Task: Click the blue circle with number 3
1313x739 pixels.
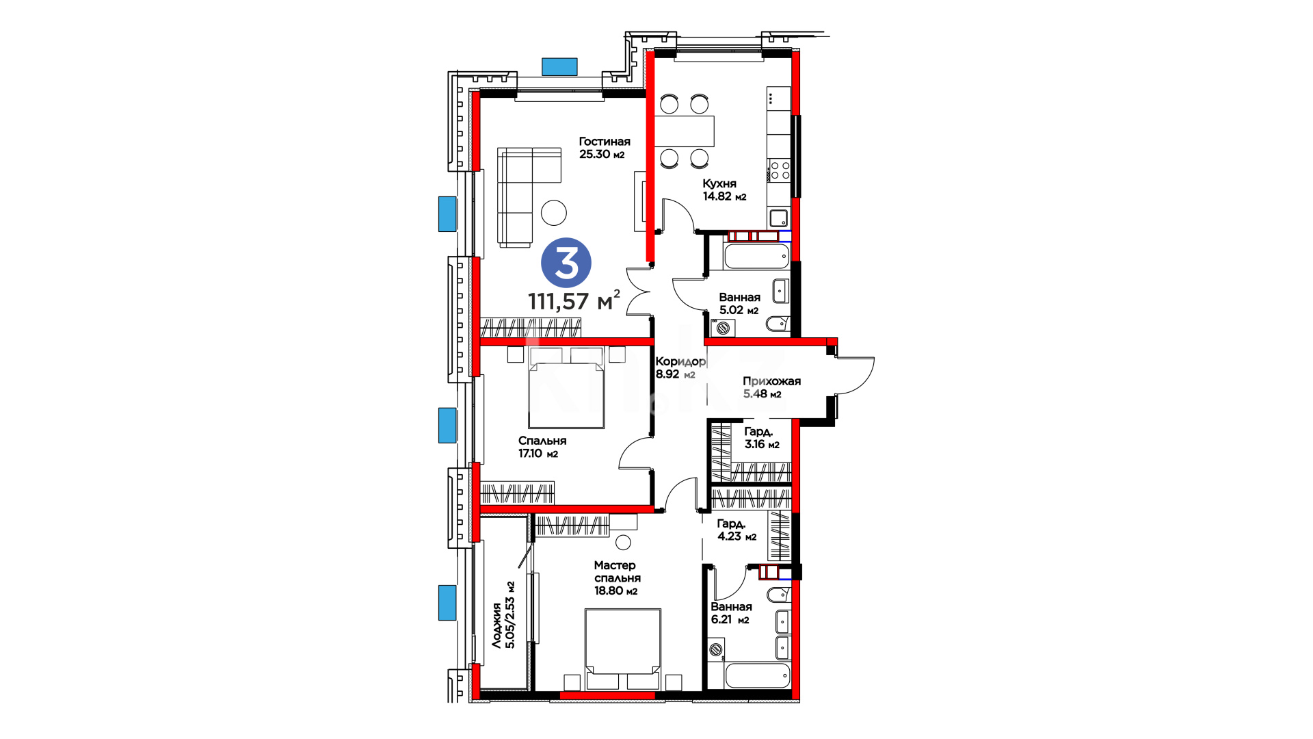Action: tap(566, 262)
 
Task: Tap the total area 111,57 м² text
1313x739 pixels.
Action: tap(574, 300)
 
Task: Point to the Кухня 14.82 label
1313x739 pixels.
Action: tap(724, 190)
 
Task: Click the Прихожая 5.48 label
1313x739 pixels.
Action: tap(771, 387)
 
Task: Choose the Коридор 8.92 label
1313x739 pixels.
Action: tap(680, 367)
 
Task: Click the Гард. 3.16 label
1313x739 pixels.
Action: tap(762, 438)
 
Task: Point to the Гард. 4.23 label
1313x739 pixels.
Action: tap(737, 530)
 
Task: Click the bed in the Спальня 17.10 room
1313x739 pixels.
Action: tap(566, 388)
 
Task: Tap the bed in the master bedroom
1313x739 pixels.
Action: tap(623, 649)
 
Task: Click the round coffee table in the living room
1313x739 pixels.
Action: tap(554, 213)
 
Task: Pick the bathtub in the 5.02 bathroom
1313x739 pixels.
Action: tap(756, 257)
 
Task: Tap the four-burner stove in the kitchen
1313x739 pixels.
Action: tap(780, 170)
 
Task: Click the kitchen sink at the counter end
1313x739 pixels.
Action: tap(779, 218)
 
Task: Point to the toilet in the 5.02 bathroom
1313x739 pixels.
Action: tap(778, 324)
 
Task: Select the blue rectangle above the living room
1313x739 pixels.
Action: tap(559, 66)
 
